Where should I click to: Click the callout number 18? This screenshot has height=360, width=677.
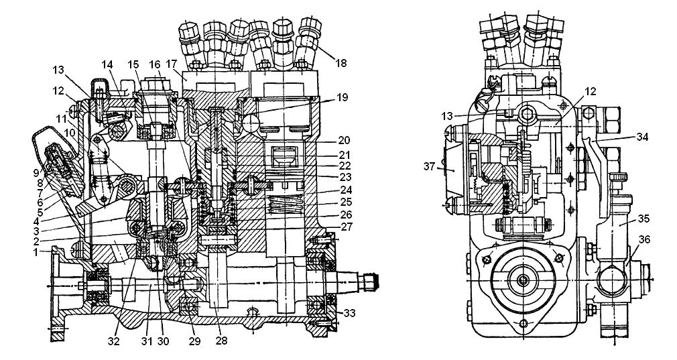341,64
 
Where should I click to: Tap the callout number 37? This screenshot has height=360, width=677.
429,166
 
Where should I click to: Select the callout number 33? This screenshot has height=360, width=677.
349,312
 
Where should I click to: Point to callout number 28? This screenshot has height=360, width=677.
221,341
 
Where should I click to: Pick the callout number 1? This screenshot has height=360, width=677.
37,253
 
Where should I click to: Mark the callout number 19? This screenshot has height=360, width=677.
342,98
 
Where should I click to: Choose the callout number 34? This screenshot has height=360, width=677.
643,137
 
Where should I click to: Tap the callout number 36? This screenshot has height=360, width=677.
643,239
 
